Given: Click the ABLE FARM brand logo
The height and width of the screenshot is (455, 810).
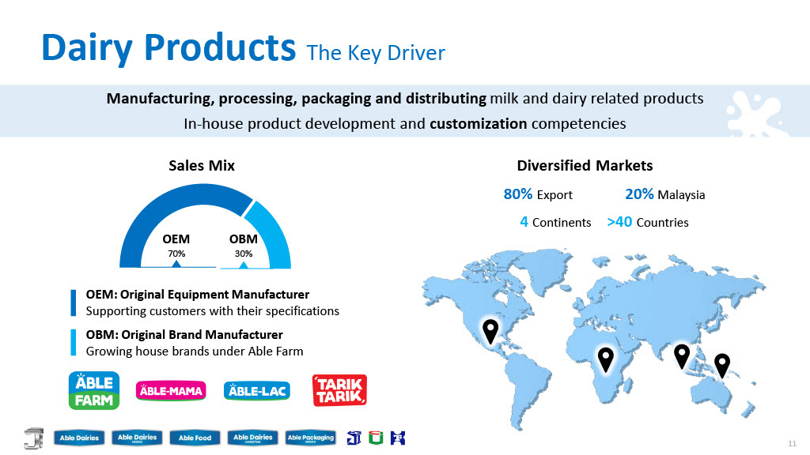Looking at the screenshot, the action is pos(94,390).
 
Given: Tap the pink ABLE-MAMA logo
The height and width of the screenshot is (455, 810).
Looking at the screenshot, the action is pos(171,390).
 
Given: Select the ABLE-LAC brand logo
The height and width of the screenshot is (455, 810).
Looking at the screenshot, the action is pos(257,390).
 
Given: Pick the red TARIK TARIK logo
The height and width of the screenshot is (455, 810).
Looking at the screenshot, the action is pos(339,390).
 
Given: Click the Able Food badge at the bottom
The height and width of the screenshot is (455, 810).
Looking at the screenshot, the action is pos(195,438).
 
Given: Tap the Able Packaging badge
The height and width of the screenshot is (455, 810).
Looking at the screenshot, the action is pos(310,438).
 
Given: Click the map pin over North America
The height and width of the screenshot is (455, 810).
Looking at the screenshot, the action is pos(490,331).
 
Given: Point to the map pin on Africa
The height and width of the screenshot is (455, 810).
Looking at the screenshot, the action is pos(605,359).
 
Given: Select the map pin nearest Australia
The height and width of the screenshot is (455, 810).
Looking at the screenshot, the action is pos(721,365).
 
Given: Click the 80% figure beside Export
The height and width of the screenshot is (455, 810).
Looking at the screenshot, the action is pos(517,194).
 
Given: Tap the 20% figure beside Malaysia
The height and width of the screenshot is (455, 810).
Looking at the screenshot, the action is pos(639,194).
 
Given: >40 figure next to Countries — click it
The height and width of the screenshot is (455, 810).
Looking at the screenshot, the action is pos(619,222).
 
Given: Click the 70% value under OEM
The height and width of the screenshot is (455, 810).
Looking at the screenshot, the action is pos(176,254).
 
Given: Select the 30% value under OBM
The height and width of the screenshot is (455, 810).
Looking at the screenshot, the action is pos(244,254).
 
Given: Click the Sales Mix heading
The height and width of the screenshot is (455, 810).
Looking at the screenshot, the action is pos(202,166).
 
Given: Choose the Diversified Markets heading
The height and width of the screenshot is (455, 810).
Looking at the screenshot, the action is pos(585,166).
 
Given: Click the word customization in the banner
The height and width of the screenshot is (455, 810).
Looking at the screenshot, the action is pos(479,124).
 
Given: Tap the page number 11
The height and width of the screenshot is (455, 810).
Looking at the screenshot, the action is pos(792,444).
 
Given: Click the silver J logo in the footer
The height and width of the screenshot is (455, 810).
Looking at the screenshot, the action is pos(34,438).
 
